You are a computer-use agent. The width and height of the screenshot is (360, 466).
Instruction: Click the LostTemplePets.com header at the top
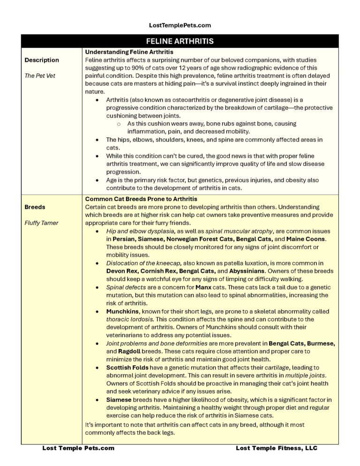tap(180, 25)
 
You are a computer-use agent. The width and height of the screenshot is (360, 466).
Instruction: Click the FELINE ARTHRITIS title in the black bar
tap(180, 41)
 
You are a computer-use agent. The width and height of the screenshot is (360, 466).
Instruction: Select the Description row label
tap(42, 60)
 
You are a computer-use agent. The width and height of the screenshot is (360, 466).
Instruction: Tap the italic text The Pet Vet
tap(40, 75)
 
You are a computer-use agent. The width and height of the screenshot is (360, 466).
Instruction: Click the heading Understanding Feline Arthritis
tap(129, 52)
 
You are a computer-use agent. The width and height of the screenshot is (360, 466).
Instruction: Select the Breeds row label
tap(35, 207)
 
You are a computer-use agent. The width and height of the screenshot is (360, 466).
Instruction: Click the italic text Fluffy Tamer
tap(41, 223)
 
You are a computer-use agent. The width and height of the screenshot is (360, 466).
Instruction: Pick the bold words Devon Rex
tap(123, 271)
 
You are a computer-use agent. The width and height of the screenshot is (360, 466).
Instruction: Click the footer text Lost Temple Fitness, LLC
tap(277, 448)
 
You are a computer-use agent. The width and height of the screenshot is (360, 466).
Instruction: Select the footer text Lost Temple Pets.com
tap(78, 448)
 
